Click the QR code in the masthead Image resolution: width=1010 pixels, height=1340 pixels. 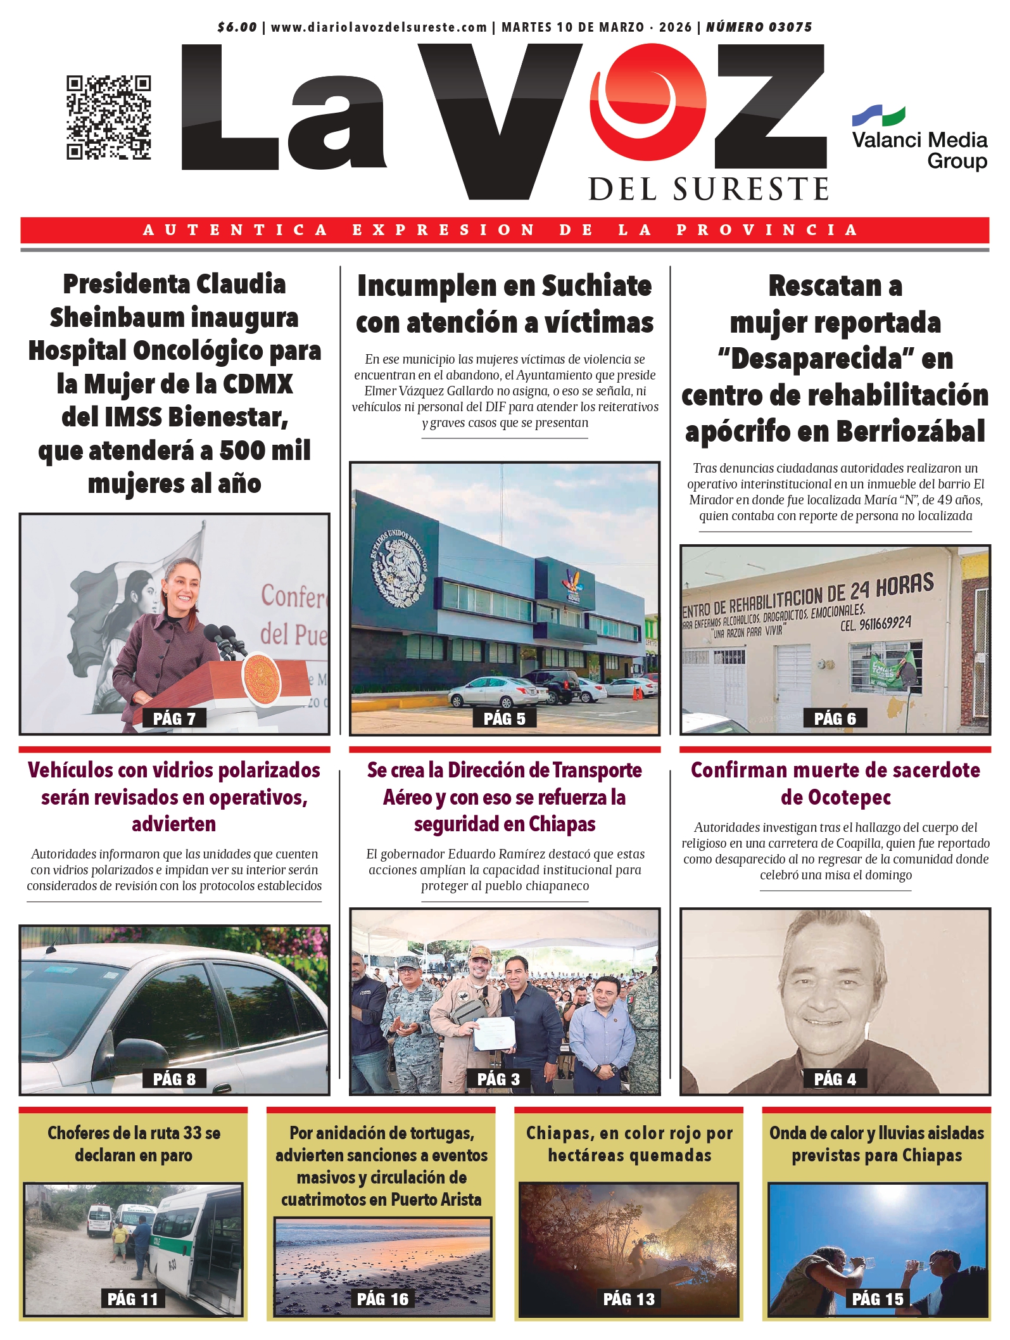coord(108,117)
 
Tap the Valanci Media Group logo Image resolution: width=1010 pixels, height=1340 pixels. coord(919,139)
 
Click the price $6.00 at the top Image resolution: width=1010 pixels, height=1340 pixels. coord(237,27)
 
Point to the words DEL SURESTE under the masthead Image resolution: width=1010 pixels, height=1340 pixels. coord(709,189)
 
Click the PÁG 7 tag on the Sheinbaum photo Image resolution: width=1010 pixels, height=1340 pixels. coord(174,718)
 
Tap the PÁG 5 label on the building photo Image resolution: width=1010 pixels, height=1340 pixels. coord(505,718)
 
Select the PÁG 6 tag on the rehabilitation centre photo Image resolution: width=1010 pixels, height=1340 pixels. coord(835,718)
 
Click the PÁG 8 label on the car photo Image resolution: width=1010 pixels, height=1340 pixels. coord(174,1079)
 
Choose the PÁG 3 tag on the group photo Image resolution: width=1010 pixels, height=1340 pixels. coord(498,1079)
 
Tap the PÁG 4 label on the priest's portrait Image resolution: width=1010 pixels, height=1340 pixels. coord(835,1079)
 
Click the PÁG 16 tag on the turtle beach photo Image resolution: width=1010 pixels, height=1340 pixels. coord(382,1299)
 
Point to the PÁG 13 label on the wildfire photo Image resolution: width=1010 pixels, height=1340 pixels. coord(629,1299)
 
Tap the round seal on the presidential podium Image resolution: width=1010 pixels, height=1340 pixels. coord(262,679)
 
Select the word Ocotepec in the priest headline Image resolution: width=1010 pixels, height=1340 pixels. coord(835,797)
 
